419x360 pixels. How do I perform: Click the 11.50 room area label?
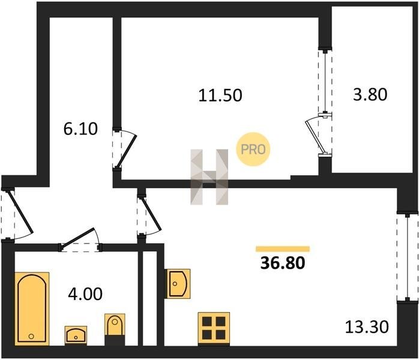point(220,95)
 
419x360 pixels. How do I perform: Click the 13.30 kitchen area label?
point(367,327)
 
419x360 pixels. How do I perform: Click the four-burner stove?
point(214,328)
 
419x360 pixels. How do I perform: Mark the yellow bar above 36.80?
point(283,248)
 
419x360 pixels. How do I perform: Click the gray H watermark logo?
point(209,176)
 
